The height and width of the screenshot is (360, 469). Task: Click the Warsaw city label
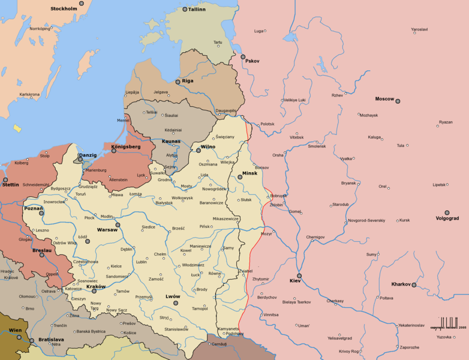pyautogui.click(x=107, y=230)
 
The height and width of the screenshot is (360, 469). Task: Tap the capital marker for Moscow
pyautogui.click(x=397, y=101)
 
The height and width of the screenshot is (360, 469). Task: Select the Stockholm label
pyautogui.click(x=64, y=8)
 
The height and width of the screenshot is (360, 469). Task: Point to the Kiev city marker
pyautogui.click(x=299, y=276)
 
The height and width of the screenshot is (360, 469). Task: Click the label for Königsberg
pyautogui.click(x=125, y=146)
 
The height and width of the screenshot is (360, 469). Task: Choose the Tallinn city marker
pyautogui.click(x=184, y=10)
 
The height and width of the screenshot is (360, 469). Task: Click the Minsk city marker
pyautogui.click(x=239, y=177)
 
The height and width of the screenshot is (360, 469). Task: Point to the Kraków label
pyautogui.click(x=95, y=286)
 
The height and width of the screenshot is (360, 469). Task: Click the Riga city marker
pyautogui.click(x=178, y=82)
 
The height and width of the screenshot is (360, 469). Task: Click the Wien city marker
pyautogui.click(x=19, y=337)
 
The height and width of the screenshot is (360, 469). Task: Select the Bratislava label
pyautogui.click(x=52, y=339)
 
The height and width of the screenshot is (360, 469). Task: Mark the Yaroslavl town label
pyautogui.click(x=419, y=29)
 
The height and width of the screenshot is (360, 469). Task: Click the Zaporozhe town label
pyautogui.click(x=410, y=347)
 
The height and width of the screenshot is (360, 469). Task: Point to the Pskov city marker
pyautogui.click(x=243, y=57)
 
